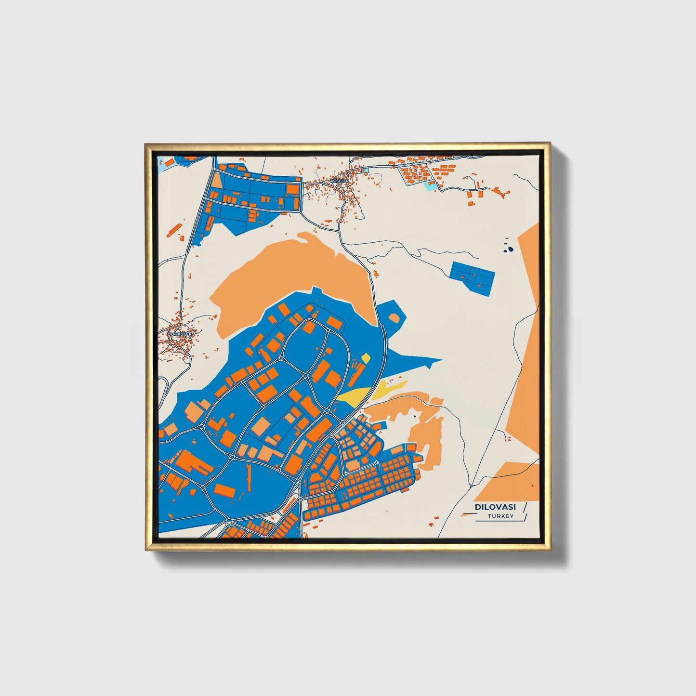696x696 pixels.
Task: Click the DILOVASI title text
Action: [x=495, y=507]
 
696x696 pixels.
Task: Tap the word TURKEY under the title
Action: [x=500, y=516]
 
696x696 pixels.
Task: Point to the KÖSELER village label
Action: [x=339, y=181]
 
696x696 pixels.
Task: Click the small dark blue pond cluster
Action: [x=508, y=249]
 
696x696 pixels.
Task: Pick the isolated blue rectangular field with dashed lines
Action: [x=472, y=277]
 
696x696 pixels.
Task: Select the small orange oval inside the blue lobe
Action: [x=394, y=317]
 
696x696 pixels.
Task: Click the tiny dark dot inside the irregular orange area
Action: [x=415, y=415]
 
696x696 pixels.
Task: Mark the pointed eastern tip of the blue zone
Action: [x=441, y=359]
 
